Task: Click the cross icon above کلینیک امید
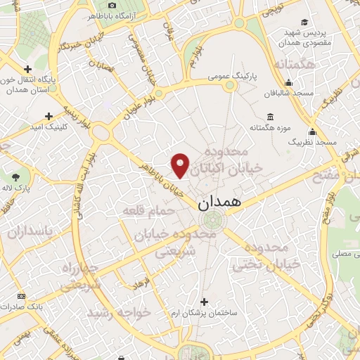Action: (x=49, y=116)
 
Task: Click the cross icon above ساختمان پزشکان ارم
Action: (x=205, y=300)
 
